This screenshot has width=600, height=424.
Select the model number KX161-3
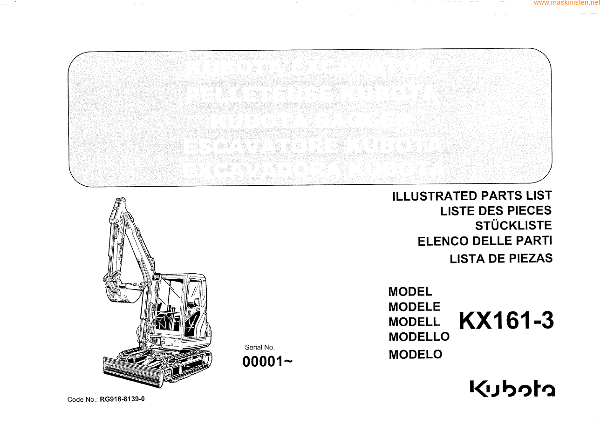(506, 321)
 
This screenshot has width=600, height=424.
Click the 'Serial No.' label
(260, 347)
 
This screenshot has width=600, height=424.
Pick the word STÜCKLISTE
(513, 226)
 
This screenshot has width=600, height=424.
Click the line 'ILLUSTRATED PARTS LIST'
(472, 196)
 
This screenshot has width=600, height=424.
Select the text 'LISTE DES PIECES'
(496, 211)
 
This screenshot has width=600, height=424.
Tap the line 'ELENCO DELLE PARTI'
(484, 241)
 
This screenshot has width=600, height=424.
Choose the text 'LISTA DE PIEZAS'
(501, 259)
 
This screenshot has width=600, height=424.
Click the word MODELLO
(419, 337)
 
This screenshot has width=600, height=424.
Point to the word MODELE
(414, 307)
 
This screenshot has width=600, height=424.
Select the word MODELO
(415, 354)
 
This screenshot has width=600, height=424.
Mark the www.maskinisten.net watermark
(566, 3)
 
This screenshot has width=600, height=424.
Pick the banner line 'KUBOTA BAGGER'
(311, 121)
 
